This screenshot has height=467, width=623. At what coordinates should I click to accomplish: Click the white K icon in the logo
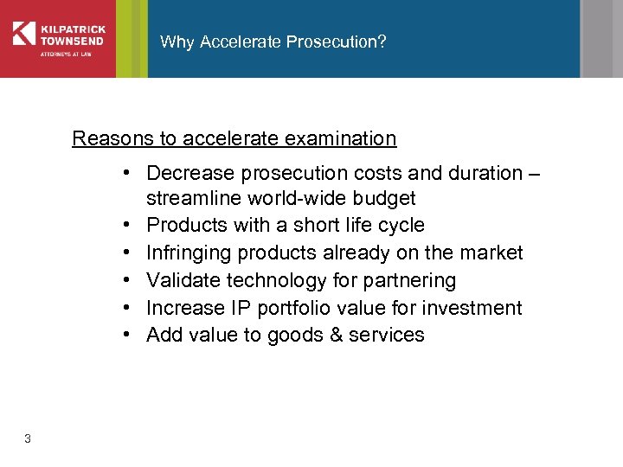coord(24,33)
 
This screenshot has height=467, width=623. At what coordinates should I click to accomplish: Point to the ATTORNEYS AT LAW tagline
coord(65,55)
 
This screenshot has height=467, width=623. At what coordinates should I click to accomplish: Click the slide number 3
coord(28,439)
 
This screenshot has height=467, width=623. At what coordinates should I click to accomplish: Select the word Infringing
coord(188,253)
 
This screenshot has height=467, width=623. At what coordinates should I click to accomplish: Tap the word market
coord(491,253)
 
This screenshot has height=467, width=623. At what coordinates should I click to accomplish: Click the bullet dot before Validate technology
coord(127,281)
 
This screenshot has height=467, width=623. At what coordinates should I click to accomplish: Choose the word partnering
coord(408,281)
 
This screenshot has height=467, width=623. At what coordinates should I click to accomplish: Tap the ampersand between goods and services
coord(335,335)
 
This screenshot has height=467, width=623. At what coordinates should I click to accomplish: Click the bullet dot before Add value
coord(127,335)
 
